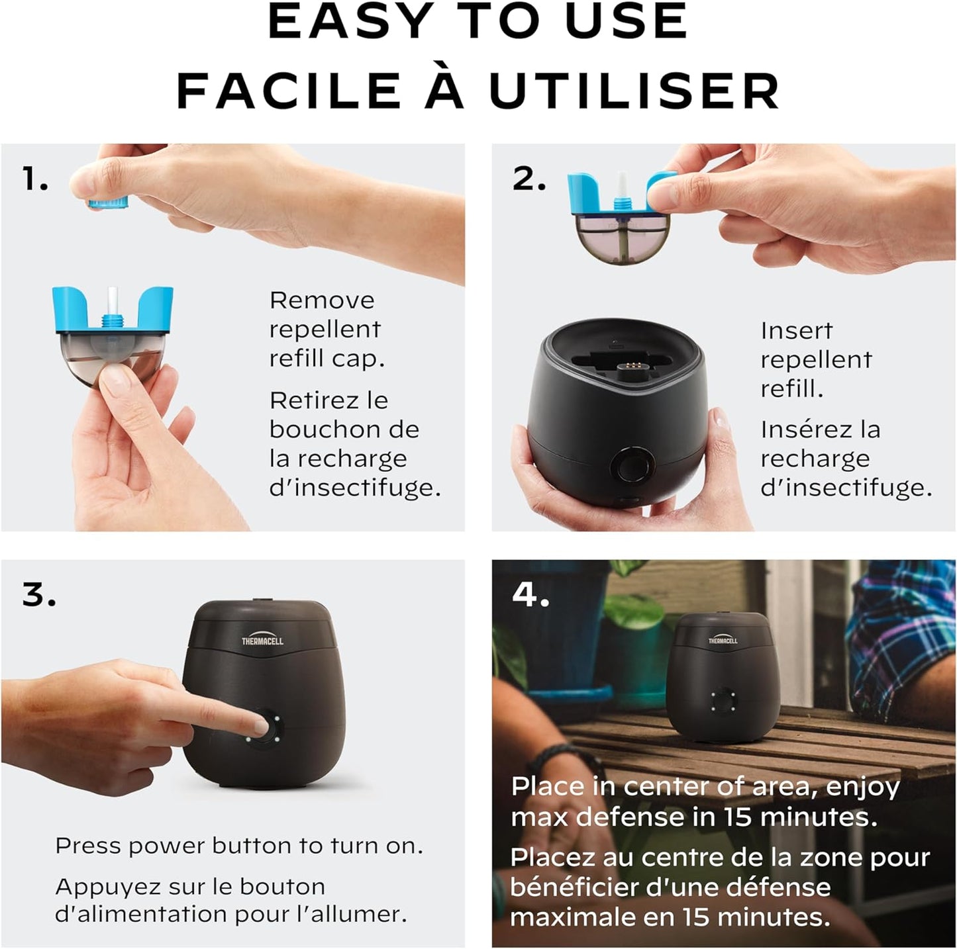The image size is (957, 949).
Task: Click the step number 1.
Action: click(x=34, y=179)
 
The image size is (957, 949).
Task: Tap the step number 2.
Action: click(x=529, y=179)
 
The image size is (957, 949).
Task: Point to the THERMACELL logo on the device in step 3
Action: click(x=262, y=641)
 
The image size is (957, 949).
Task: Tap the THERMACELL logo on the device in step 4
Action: click(x=723, y=640)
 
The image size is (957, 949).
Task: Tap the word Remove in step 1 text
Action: click(x=322, y=300)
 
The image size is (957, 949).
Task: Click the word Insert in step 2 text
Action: click(x=796, y=330)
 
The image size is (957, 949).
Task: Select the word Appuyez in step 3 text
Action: click(x=98, y=886)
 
